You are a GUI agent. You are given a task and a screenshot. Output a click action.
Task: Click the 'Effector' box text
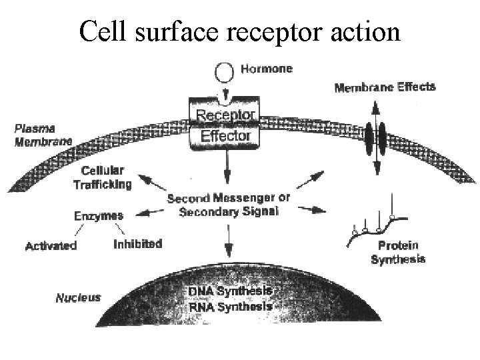225,136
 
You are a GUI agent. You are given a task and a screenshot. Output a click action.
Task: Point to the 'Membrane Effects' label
385,87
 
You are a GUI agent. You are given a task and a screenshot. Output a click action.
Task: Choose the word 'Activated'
51,245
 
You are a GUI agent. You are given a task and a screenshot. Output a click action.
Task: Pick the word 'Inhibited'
137,244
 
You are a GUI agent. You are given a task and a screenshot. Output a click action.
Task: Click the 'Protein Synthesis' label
398,253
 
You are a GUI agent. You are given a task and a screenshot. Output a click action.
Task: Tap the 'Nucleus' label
78,297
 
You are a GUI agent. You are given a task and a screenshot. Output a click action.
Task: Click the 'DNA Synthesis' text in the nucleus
230,292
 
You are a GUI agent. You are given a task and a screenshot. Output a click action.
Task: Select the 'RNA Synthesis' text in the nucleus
230,307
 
